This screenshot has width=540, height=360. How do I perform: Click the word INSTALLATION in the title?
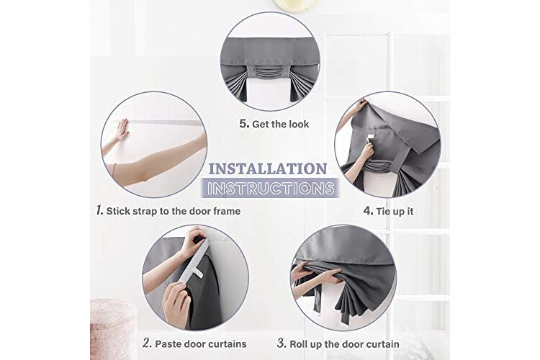(268, 168)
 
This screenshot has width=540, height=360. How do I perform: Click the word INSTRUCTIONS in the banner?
(271, 189)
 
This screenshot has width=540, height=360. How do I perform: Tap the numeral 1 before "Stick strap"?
(99, 210)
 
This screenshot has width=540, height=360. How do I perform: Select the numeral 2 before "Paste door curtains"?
(147, 343)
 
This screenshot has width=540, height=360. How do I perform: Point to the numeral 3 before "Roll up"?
(282, 343)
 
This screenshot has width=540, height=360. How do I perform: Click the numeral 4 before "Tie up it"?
(368, 210)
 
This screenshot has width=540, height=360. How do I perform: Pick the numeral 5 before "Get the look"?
(244, 124)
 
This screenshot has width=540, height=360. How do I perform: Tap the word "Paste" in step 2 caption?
(168, 344)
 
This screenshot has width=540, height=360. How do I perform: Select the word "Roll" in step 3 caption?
(298, 344)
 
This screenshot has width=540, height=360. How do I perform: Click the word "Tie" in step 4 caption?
(383, 211)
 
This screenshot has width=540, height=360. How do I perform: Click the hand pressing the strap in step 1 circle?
(122, 130)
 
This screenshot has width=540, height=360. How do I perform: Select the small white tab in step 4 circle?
(371, 138)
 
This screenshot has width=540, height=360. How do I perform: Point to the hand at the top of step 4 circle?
(361, 104)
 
